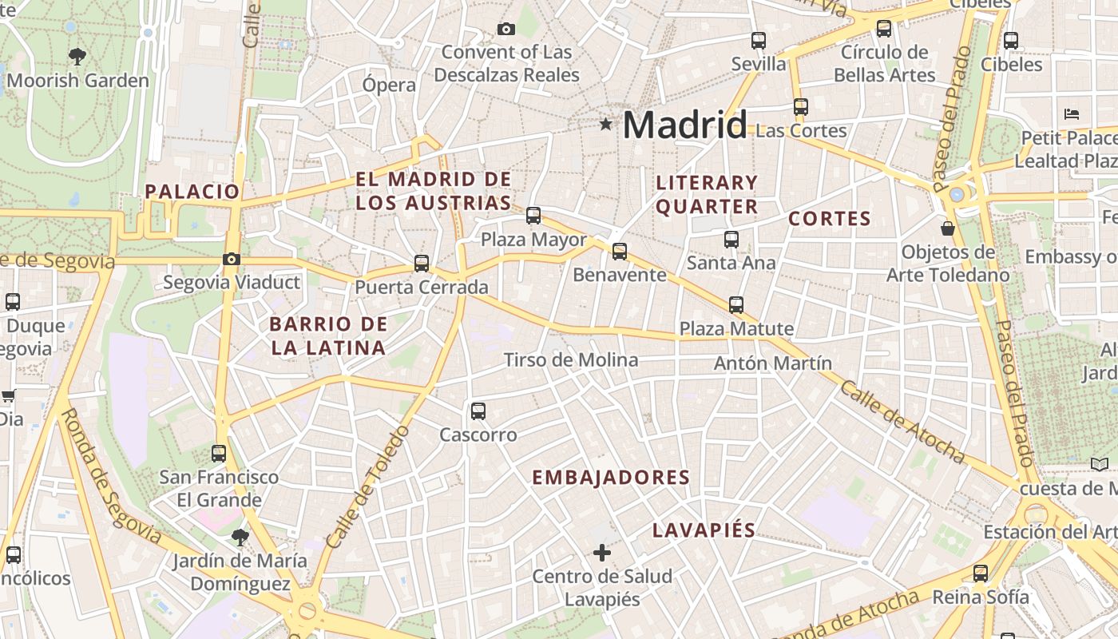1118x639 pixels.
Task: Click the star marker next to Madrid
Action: pos(606,125)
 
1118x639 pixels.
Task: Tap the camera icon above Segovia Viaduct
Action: pos(232,259)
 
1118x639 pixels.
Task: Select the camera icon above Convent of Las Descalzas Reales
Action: pos(505,30)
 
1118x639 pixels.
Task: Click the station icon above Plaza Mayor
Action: pos(533,216)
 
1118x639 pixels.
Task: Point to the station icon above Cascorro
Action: pos(478,411)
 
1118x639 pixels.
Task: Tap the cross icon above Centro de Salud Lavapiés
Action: pos(602,552)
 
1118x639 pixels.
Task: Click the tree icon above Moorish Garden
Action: pos(77,57)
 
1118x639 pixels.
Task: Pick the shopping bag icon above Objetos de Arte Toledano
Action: pos(948,228)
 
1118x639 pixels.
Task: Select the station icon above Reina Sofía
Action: pos(981,573)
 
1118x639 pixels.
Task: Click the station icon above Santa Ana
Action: pos(731,239)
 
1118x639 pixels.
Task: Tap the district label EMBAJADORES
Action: pos(611,478)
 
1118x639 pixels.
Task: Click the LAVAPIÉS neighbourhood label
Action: pos(704,530)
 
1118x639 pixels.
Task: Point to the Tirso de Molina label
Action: pos(571,360)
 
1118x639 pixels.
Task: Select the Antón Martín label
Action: pos(773,363)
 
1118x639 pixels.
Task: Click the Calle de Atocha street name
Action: pos(902,421)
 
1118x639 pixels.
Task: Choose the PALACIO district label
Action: pos(192,192)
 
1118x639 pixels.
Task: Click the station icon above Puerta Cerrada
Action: pos(422,264)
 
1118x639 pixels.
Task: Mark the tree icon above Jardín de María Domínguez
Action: pos(240,537)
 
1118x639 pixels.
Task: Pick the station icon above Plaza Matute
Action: pos(736,304)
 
